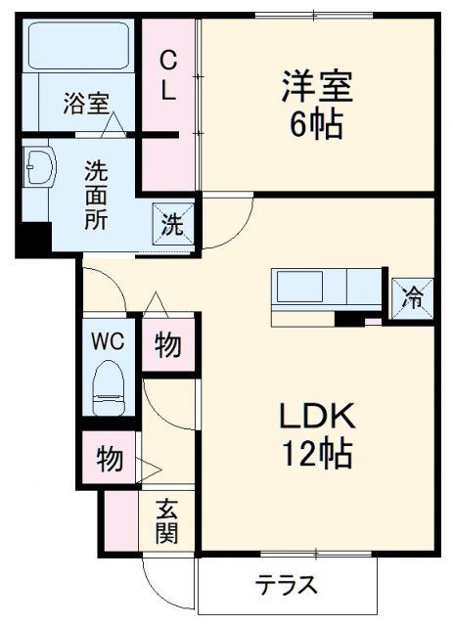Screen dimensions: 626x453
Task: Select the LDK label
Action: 315,417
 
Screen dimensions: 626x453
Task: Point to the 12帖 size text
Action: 315,454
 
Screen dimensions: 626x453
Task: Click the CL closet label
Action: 169,75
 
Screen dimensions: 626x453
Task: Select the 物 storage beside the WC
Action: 167,347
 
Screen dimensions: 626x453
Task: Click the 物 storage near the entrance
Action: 110,458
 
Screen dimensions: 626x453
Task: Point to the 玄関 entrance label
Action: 168,521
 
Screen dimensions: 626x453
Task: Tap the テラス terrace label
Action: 287,586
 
